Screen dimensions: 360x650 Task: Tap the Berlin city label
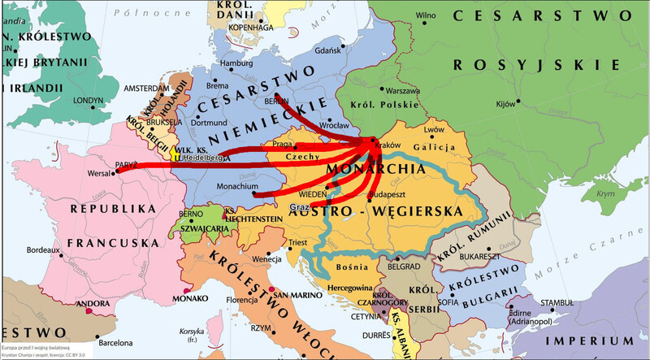pos(274,102)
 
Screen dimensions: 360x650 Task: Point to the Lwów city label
pos(435,129)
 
